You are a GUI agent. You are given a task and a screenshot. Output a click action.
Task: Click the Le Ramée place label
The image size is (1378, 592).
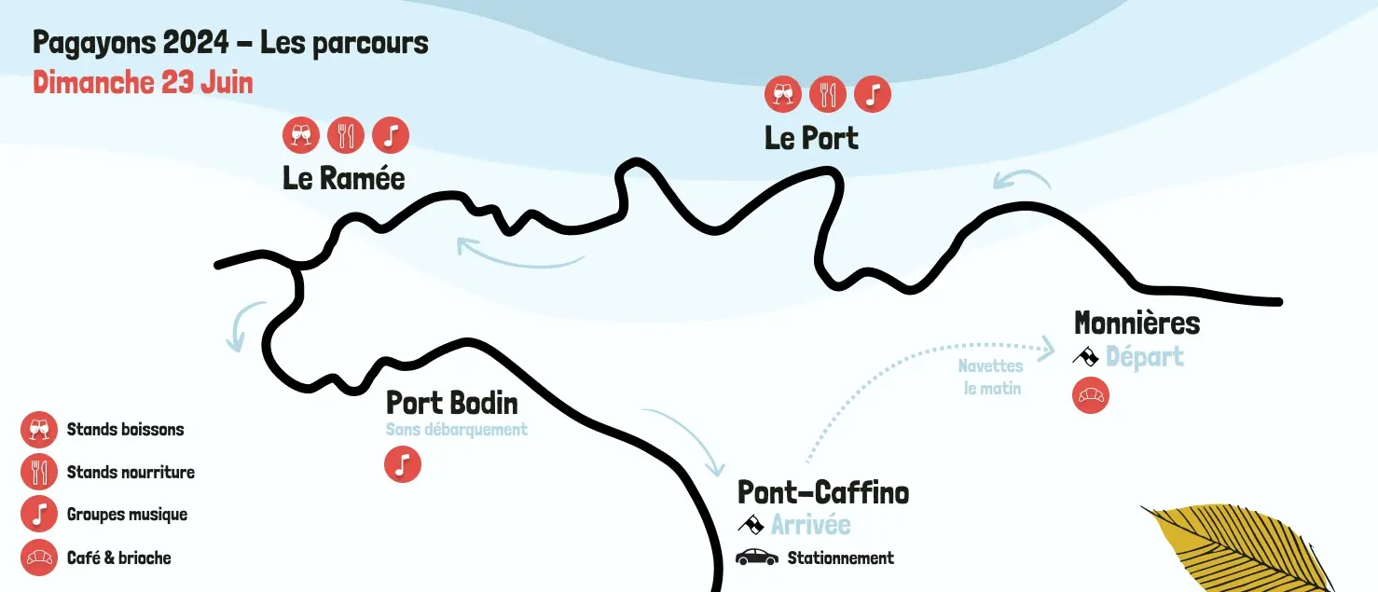tap(344, 178)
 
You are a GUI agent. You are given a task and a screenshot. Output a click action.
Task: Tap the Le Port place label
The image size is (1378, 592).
tap(811, 138)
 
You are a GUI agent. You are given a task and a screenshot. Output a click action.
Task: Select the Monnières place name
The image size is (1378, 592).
tap(1137, 323)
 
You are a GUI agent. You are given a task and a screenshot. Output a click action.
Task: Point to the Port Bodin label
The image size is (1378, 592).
tap(451, 403)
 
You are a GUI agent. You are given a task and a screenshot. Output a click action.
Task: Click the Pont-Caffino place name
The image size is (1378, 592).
tap(823, 491)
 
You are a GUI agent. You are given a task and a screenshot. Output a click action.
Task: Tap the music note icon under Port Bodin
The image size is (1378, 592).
tap(403, 464)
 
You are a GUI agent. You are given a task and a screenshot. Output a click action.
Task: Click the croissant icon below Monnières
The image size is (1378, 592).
tap(1091, 395)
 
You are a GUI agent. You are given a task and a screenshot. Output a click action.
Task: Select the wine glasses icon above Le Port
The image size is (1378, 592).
tap(783, 94)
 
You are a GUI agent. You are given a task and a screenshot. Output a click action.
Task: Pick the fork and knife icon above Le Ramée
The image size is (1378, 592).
tap(346, 135)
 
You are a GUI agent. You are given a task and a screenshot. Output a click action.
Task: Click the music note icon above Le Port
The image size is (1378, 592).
tap(873, 94)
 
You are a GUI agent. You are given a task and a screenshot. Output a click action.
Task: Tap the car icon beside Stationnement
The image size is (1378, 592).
tap(756, 558)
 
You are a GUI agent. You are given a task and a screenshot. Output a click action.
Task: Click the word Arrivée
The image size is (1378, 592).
tap(810, 524)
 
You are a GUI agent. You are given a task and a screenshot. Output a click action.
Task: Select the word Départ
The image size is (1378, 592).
tap(1144, 356)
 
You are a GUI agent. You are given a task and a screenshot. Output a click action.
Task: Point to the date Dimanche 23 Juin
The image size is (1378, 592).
tap(143, 82)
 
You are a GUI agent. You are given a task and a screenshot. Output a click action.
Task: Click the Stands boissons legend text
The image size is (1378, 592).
tap(125, 430)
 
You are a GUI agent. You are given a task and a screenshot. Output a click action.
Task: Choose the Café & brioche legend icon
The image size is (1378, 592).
tap(39, 558)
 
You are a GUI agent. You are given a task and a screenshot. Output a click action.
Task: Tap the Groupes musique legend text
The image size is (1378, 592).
tap(127, 515)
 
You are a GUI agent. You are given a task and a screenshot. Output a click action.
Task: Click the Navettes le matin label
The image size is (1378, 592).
tap(992, 378)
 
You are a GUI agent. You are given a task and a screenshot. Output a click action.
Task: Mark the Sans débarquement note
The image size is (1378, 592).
tap(456, 430)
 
